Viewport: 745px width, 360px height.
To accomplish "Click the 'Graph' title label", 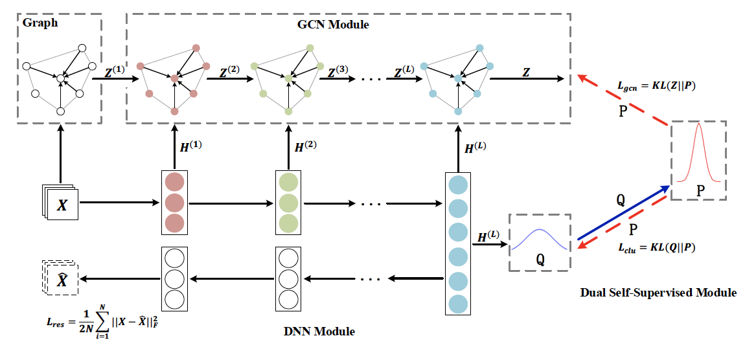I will [x=40, y=23].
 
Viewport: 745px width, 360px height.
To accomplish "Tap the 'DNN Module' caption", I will [x=319, y=332].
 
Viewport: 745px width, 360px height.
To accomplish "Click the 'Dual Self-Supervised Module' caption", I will [x=658, y=293].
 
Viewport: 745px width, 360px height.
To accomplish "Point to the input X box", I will [x=62, y=205].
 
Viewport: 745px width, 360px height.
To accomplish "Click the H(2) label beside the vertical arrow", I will [x=308, y=147].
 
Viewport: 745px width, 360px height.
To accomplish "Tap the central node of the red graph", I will [x=174, y=78].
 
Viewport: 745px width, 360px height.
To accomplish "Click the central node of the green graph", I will [x=288, y=78].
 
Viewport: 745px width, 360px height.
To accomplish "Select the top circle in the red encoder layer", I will [x=174, y=181].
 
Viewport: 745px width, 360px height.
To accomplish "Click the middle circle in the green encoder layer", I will [x=288, y=202].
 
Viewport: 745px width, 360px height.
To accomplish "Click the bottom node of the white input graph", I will [x=60, y=111].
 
